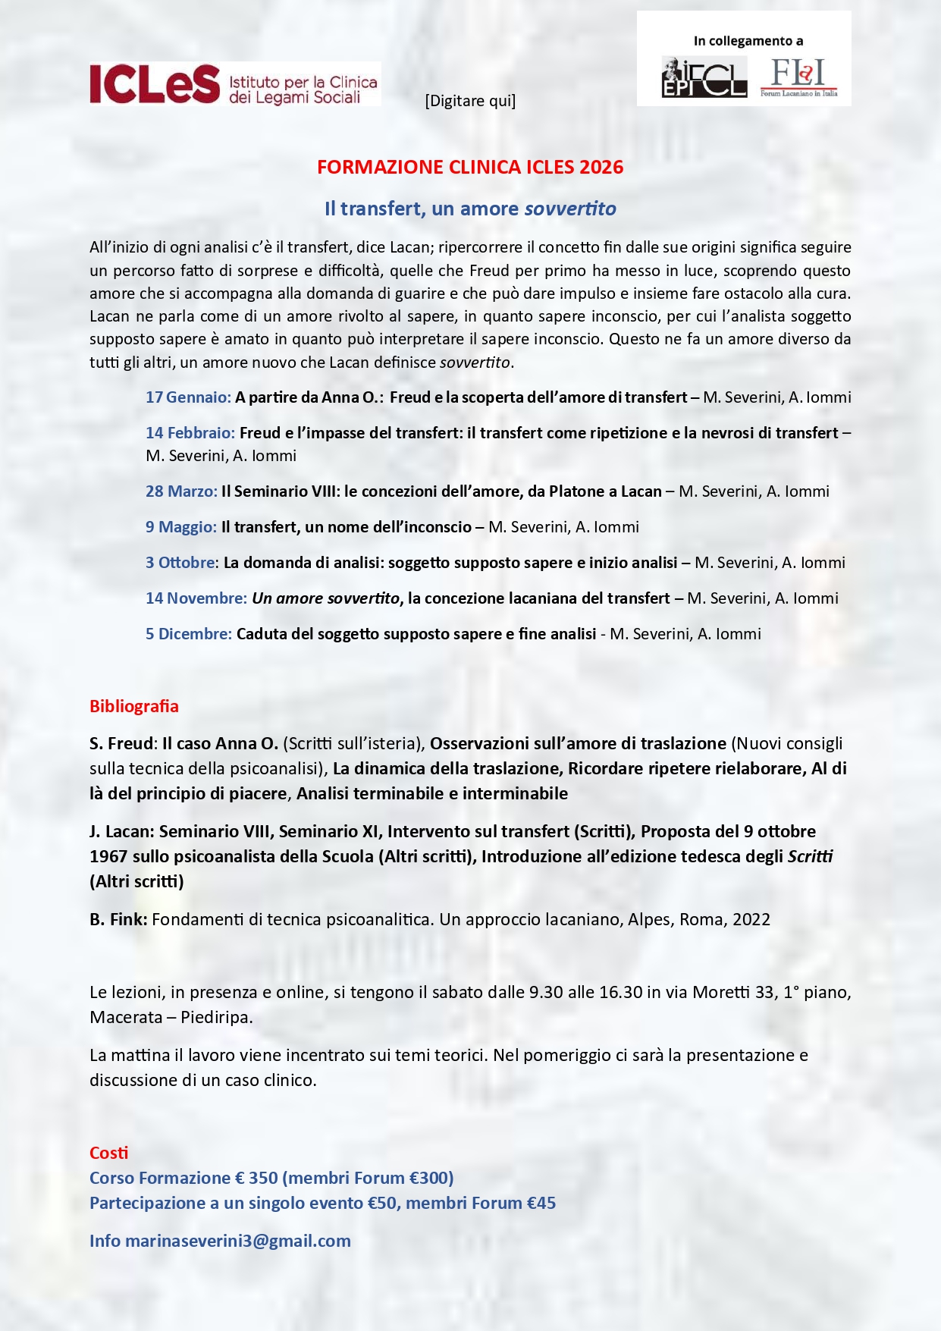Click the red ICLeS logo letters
(155, 84)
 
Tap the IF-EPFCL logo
(704, 77)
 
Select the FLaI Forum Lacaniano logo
(798, 77)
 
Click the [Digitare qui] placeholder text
(470, 101)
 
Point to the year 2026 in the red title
(601, 167)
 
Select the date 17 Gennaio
(188, 397)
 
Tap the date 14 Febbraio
(190, 433)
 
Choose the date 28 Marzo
(181, 491)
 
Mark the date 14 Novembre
(196, 598)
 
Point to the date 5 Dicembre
(188, 634)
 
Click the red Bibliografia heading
(134, 706)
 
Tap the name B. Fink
(118, 920)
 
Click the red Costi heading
(109, 1153)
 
